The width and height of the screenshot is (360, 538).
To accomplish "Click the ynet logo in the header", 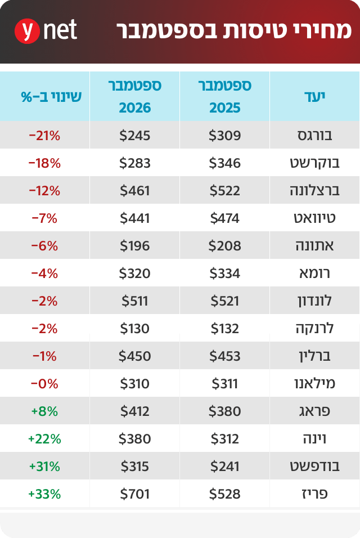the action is (46, 31).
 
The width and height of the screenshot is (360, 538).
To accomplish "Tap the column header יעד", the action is (314, 96).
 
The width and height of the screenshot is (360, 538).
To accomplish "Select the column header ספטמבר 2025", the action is (225, 96).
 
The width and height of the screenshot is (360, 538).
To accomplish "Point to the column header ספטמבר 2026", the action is (135, 96).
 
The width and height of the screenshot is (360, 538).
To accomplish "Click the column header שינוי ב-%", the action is (51, 97).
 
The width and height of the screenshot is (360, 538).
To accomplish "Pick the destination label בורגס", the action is (315, 135).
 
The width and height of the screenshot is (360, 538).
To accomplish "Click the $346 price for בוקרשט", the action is (225, 163).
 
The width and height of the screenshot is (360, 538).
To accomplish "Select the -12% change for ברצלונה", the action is (44, 190).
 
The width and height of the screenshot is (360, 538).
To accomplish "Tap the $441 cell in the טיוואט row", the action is (135, 218).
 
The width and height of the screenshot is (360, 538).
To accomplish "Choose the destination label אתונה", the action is (314, 246).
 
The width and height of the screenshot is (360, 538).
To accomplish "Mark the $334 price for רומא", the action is (225, 274).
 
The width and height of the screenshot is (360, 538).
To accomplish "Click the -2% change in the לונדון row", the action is (44, 301).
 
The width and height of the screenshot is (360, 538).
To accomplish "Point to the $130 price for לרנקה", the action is (135, 329).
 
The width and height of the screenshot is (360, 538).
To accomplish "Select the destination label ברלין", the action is (315, 356).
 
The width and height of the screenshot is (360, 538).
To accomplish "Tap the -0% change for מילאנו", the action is (44, 384).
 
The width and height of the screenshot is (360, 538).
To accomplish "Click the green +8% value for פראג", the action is (44, 411).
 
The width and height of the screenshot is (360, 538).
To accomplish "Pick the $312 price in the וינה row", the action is (225, 439).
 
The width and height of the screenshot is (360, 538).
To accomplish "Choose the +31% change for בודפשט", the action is (44, 467).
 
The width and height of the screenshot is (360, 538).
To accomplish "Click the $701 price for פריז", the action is (135, 494).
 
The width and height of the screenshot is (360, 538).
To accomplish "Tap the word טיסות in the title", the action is (250, 30).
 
